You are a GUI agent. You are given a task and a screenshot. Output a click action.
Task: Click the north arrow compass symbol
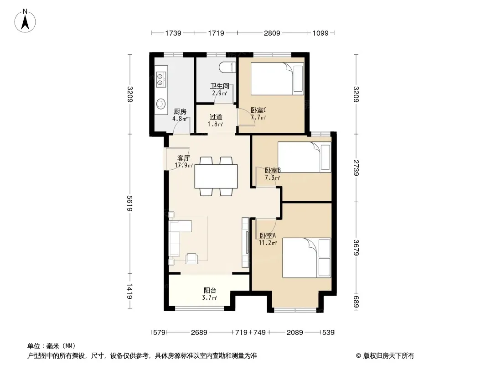coord(25,21)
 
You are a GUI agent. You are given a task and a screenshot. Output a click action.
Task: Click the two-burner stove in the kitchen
coord(160,79)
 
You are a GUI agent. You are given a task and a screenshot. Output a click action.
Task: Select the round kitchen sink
coord(160,104)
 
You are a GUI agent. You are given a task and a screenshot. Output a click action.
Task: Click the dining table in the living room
coord(216,177)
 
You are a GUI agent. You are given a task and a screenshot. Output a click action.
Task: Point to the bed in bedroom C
coord(277,79)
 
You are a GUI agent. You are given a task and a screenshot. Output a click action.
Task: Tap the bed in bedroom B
coord(305,157)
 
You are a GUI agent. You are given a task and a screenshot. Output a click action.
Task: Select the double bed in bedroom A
coord(306,258)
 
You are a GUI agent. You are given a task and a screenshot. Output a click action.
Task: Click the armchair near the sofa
coord(192,258)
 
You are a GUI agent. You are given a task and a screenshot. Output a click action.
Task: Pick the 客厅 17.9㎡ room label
coord(184,162)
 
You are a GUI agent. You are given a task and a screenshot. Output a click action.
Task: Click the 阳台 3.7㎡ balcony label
coord(210,294)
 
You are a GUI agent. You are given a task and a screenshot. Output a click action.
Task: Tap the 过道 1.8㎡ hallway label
coord(216,120)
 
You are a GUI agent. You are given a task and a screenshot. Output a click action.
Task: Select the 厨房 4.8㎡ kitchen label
coord(180,115)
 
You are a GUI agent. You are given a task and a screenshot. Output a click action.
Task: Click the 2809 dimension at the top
coord(272,33)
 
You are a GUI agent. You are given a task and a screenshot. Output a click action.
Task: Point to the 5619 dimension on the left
coord(129,203)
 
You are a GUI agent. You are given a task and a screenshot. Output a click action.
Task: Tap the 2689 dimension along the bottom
coord(199,333)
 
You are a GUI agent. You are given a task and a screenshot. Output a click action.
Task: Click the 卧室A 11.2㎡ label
coord(268,239)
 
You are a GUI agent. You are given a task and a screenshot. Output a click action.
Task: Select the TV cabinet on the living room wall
coord(245,243)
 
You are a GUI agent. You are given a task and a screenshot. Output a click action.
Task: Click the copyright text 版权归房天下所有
coord(388,356)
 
